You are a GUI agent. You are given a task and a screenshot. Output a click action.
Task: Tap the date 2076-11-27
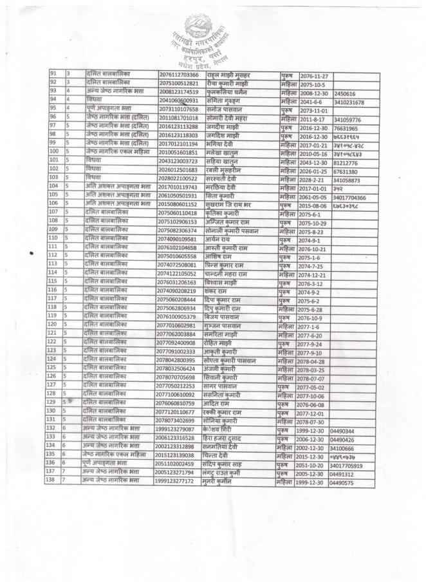coord(314,75)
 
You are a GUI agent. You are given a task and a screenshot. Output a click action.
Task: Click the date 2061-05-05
coord(315,195)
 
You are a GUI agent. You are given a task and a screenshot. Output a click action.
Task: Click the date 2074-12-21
coord(314,272)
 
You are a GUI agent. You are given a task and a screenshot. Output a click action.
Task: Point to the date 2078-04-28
coord(314,359)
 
